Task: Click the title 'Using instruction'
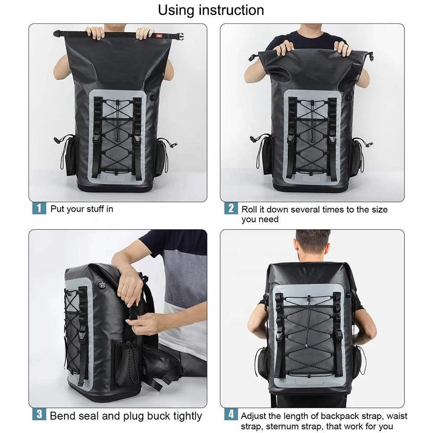[211, 10]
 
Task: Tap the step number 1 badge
[39, 208]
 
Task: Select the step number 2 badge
[231, 208]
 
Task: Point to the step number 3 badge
[39, 414]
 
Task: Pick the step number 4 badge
[231, 414]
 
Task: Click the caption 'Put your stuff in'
[82, 209]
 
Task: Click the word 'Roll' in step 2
[249, 209]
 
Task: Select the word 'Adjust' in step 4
[255, 416]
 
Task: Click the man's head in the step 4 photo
[313, 244]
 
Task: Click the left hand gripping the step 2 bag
[283, 48]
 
